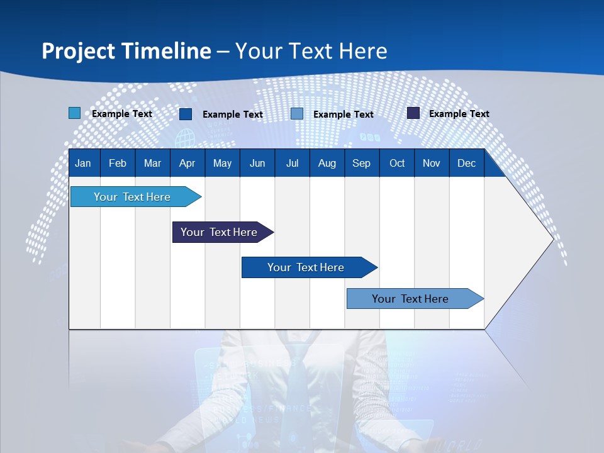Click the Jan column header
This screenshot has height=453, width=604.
[83, 163]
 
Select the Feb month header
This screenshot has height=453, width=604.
[118, 163]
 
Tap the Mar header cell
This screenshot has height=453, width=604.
[152, 163]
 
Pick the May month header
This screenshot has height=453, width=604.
[222, 163]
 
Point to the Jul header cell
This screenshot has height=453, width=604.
[292, 163]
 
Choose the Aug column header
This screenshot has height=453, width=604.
[327, 163]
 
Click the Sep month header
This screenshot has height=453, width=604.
[361, 163]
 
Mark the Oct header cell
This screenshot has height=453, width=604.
[397, 163]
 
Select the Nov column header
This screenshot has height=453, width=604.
[432, 163]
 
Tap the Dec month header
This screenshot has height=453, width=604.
[466, 163]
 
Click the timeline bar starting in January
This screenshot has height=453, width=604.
[132, 197]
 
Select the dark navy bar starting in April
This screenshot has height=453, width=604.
[219, 232]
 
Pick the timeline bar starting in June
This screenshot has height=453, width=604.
[306, 267]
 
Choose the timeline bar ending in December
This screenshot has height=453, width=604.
[410, 299]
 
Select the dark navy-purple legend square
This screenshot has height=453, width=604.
[413, 113]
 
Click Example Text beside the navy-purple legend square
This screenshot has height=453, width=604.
[459, 114]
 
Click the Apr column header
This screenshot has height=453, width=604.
[187, 163]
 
